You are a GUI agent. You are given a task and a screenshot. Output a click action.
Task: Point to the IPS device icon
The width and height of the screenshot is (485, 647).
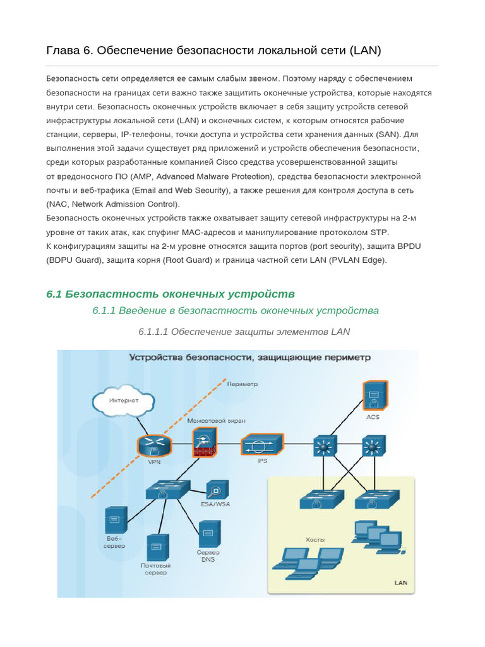(262, 444)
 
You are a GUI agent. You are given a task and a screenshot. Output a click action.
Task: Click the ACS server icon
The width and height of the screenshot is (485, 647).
(373, 397)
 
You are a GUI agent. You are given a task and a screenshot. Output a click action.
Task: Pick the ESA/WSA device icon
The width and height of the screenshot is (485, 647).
(217, 490)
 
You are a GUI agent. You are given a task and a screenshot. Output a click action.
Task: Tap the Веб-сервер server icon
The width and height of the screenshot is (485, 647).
(116, 520)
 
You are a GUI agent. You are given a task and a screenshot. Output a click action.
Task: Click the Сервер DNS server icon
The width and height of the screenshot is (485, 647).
(209, 533)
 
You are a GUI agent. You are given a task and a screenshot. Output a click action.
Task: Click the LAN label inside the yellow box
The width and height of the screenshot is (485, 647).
(401, 583)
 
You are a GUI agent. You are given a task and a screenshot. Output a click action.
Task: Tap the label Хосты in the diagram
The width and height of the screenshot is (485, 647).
(314, 540)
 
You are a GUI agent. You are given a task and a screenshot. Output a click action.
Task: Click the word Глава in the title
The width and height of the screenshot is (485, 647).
(63, 50)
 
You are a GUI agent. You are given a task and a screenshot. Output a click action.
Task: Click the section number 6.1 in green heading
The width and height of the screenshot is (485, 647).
(54, 294)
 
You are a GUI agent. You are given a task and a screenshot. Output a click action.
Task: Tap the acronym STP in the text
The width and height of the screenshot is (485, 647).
(380, 232)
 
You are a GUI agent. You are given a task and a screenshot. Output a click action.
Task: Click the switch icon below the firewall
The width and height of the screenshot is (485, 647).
(167, 489)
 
